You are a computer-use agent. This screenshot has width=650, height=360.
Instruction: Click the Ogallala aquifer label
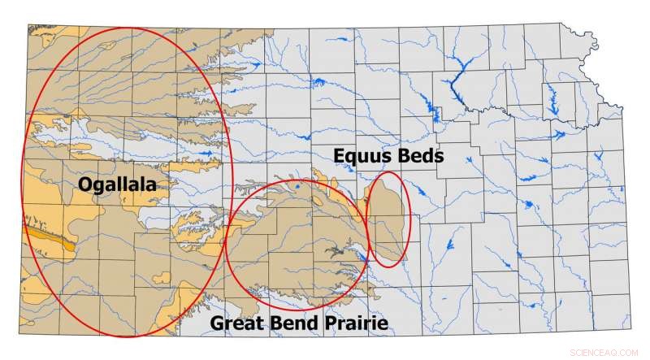pyautogui.click(x=117, y=185)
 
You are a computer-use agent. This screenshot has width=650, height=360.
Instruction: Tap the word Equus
pyautogui.click(x=363, y=155)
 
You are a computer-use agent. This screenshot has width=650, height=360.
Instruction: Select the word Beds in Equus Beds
pyautogui.click(x=420, y=155)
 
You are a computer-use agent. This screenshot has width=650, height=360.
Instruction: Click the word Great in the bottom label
pyautogui.click(x=235, y=323)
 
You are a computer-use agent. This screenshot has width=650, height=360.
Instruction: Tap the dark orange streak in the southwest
pyautogui.click(x=50, y=236)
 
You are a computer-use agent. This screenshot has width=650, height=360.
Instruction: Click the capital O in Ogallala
pyautogui.click(x=85, y=184)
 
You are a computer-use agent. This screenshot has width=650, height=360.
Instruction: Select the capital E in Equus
pyautogui.click(x=339, y=155)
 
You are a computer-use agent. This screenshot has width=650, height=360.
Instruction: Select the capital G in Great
pyautogui.click(x=218, y=323)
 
